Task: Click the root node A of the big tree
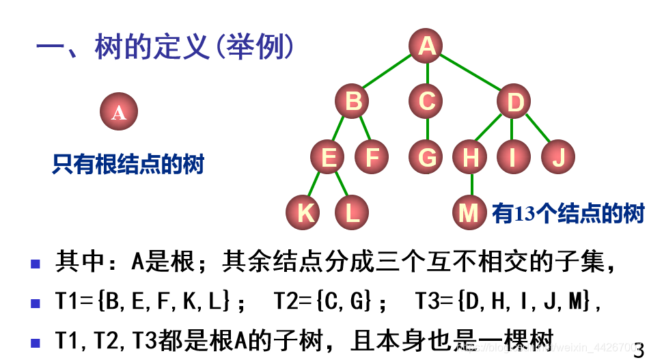point(427,46)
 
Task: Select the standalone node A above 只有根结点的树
point(119,112)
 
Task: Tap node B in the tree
point(353,102)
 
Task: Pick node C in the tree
point(427,102)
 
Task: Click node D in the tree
point(514,102)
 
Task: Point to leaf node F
point(372,158)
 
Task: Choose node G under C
point(427,158)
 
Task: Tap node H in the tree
point(471,158)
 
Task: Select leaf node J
point(558,158)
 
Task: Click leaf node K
point(304,213)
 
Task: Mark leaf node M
point(469,213)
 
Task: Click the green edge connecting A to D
point(471,74)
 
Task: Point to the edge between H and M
point(471,185)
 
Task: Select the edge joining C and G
point(427,130)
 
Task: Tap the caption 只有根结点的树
point(128,164)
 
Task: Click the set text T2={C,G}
point(323,301)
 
